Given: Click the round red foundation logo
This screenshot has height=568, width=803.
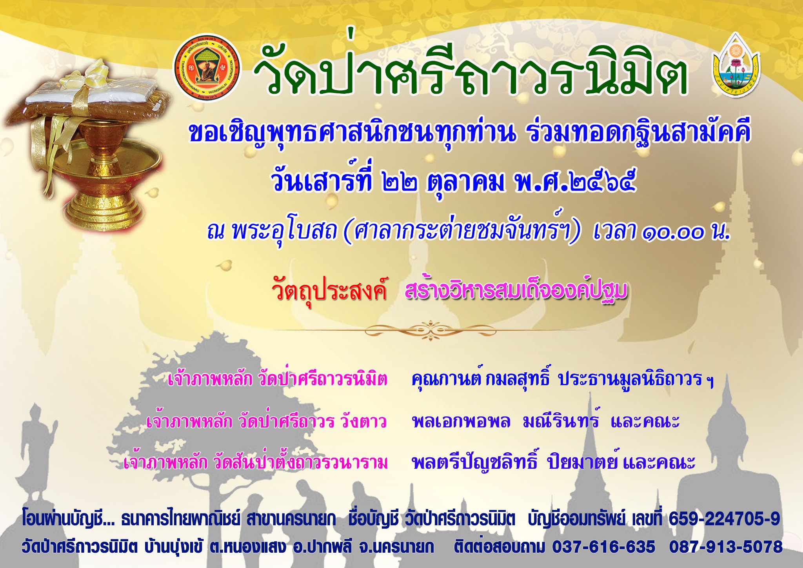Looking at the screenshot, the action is click(207, 68).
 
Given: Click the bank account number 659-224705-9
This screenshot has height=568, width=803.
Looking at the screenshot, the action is click(724, 519).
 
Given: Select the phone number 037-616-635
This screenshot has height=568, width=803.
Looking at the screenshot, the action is click(603, 546).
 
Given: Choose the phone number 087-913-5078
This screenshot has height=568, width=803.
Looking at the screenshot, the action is click(726, 546).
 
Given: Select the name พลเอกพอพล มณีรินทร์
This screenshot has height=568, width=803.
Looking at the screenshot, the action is click(506, 421).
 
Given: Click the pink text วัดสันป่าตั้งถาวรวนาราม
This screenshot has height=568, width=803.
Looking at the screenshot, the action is click(300, 462).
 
